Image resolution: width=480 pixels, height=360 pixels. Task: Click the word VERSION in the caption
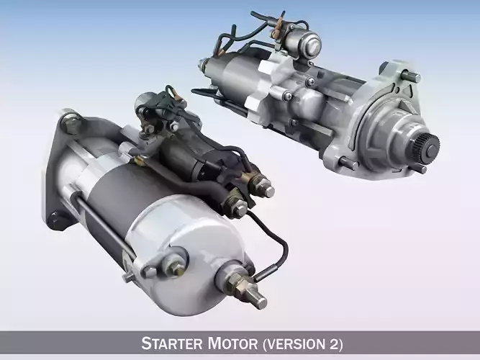pyautogui.click(x=299, y=343)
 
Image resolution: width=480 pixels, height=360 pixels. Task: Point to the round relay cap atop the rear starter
pyautogui.click(x=307, y=42)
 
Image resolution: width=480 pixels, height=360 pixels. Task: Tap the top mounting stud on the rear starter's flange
pyautogui.click(x=412, y=75)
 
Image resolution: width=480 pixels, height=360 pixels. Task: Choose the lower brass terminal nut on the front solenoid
pyautogui.click(x=237, y=209)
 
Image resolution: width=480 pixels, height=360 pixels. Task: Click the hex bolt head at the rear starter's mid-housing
pyautogui.click(x=289, y=95)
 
